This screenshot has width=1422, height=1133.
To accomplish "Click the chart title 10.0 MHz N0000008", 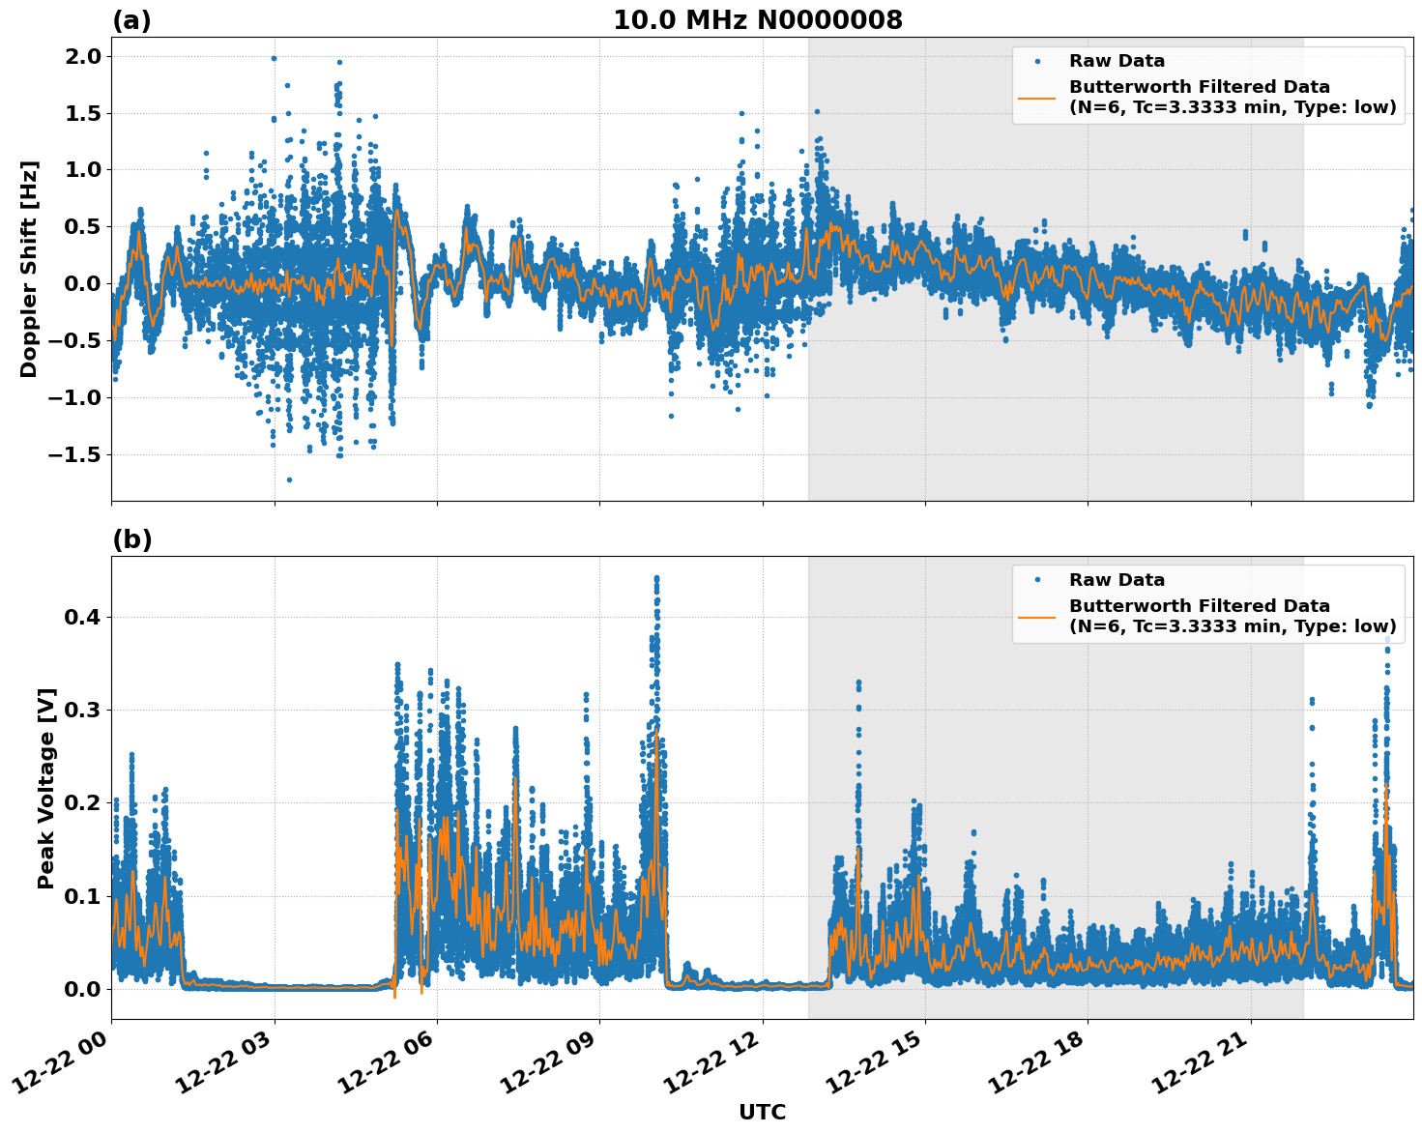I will [757, 20].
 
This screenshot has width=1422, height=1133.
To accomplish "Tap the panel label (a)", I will [131, 20].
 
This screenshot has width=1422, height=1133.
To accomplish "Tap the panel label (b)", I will [131, 539].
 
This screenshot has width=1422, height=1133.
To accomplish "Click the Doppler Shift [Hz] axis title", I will [29, 269].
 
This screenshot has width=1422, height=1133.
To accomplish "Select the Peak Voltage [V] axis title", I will [46, 788].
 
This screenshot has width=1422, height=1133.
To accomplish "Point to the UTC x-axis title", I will [762, 1112].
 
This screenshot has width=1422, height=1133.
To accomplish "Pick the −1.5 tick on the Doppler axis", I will [76, 454].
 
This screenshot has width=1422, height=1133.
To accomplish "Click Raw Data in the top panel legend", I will [1117, 61].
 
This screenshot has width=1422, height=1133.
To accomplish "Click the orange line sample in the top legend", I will [1036, 98].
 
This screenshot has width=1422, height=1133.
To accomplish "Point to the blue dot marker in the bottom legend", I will [1037, 580].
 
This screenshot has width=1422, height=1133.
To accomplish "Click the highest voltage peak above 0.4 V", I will [656, 578].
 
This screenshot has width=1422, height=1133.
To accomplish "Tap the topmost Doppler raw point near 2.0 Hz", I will [274, 58].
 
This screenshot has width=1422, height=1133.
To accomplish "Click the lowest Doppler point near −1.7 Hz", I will [289, 479].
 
